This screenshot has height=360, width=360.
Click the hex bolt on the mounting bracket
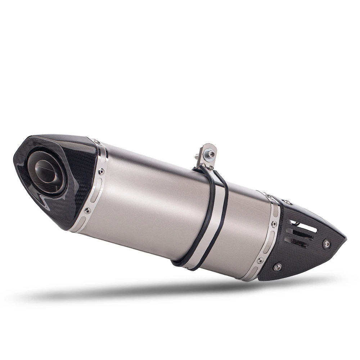click(211, 154)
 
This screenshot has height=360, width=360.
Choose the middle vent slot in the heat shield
click(301, 235)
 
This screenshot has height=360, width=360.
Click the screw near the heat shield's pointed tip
click(327, 244)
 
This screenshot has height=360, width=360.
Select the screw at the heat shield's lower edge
click(278, 267)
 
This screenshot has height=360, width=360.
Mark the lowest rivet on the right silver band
click(261, 260)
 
